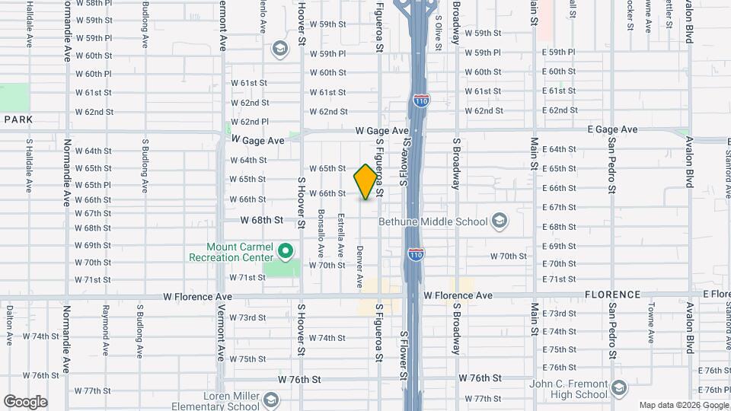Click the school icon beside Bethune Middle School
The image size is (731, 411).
[x=500, y=221]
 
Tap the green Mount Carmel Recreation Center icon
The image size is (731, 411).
[x=285, y=249]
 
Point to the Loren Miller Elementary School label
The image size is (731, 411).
[x=219, y=400]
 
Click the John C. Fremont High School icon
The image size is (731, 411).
[x=621, y=390]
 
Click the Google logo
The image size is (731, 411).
[x=25, y=401]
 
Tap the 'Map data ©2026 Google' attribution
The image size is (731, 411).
[x=683, y=406]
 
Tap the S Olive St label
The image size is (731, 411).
[x=439, y=35]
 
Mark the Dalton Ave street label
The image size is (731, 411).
[x=9, y=324]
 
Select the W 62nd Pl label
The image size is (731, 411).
[x=249, y=122]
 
